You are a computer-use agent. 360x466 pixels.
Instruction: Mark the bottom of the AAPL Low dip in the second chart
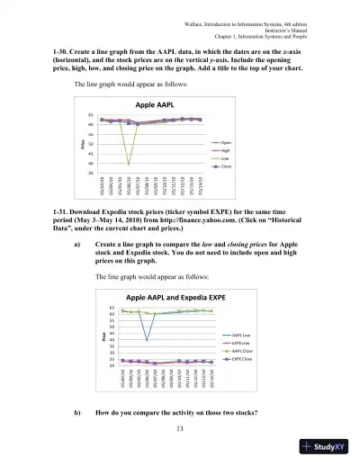(147, 340)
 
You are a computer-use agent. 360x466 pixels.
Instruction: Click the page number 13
(179, 428)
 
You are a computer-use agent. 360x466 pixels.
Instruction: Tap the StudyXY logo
(325, 447)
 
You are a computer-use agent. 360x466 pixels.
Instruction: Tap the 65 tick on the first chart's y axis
(92, 116)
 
